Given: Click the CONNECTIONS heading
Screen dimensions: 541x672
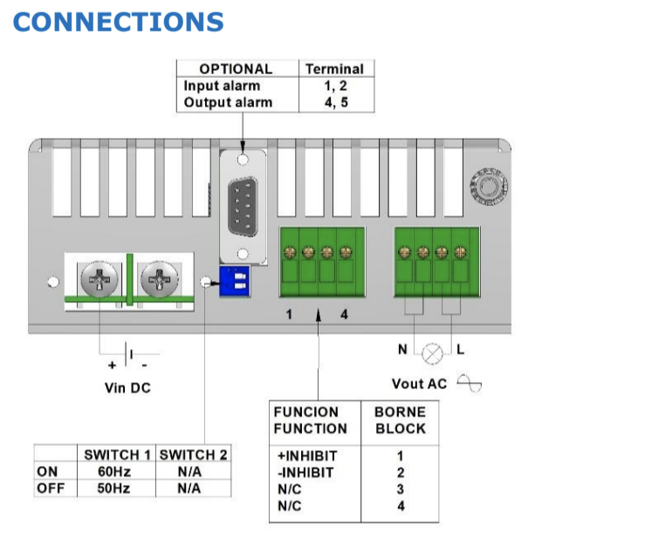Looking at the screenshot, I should tap(119, 22).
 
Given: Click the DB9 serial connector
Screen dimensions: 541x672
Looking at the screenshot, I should tap(243, 208).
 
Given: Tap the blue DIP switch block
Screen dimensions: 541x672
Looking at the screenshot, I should tap(231, 280).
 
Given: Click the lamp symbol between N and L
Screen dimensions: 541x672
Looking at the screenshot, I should tap(432, 353).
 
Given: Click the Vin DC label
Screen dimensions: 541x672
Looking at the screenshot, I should tap(127, 387).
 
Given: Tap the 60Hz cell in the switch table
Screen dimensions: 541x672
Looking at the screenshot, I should tap(113, 471).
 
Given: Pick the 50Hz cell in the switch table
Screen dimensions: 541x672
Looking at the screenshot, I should tap(113, 488).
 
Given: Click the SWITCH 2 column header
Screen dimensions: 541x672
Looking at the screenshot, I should tap(194, 455).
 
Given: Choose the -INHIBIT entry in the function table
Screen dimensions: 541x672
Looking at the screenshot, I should tap(305, 473).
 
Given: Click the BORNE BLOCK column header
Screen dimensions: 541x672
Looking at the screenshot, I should tap(400, 420).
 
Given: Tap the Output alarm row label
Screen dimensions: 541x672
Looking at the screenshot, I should tap(228, 102).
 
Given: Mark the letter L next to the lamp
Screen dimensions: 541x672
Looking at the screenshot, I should tap(460, 349).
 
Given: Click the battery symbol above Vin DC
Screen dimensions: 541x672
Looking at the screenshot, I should tap(129, 354).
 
